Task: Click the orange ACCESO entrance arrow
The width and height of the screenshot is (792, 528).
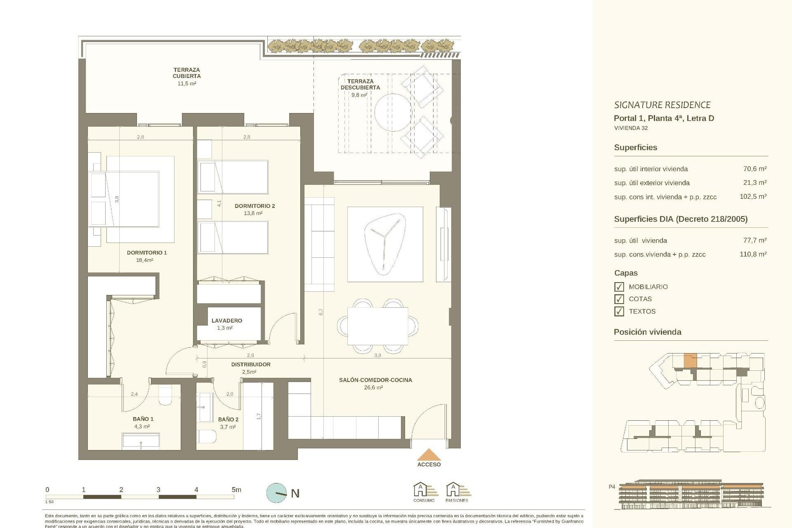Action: click(429, 455)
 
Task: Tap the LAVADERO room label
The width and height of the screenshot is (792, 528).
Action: click(226, 321)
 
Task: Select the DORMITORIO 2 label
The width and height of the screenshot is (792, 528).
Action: click(255, 206)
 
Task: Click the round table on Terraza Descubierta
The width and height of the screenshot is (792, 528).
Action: click(393, 112)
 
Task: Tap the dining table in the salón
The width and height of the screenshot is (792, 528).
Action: click(377, 326)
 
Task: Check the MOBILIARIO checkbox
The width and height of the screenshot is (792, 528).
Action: click(619, 287)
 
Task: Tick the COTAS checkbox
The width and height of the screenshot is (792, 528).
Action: click(619, 299)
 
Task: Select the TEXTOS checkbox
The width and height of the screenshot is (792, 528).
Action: click(619, 311)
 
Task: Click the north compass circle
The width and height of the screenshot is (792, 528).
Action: click(276, 493)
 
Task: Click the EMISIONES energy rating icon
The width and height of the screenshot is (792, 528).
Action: click(457, 492)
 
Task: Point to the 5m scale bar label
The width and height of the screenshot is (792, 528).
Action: click(236, 490)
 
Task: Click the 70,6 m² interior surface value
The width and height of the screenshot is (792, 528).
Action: click(754, 169)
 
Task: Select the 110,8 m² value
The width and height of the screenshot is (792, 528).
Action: click(753, 254)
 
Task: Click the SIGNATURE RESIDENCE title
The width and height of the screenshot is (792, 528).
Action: click(662, 105)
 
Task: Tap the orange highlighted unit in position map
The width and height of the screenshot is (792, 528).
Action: click(690, 361)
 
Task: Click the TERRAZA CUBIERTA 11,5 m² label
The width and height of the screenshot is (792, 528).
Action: click(186, 76)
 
